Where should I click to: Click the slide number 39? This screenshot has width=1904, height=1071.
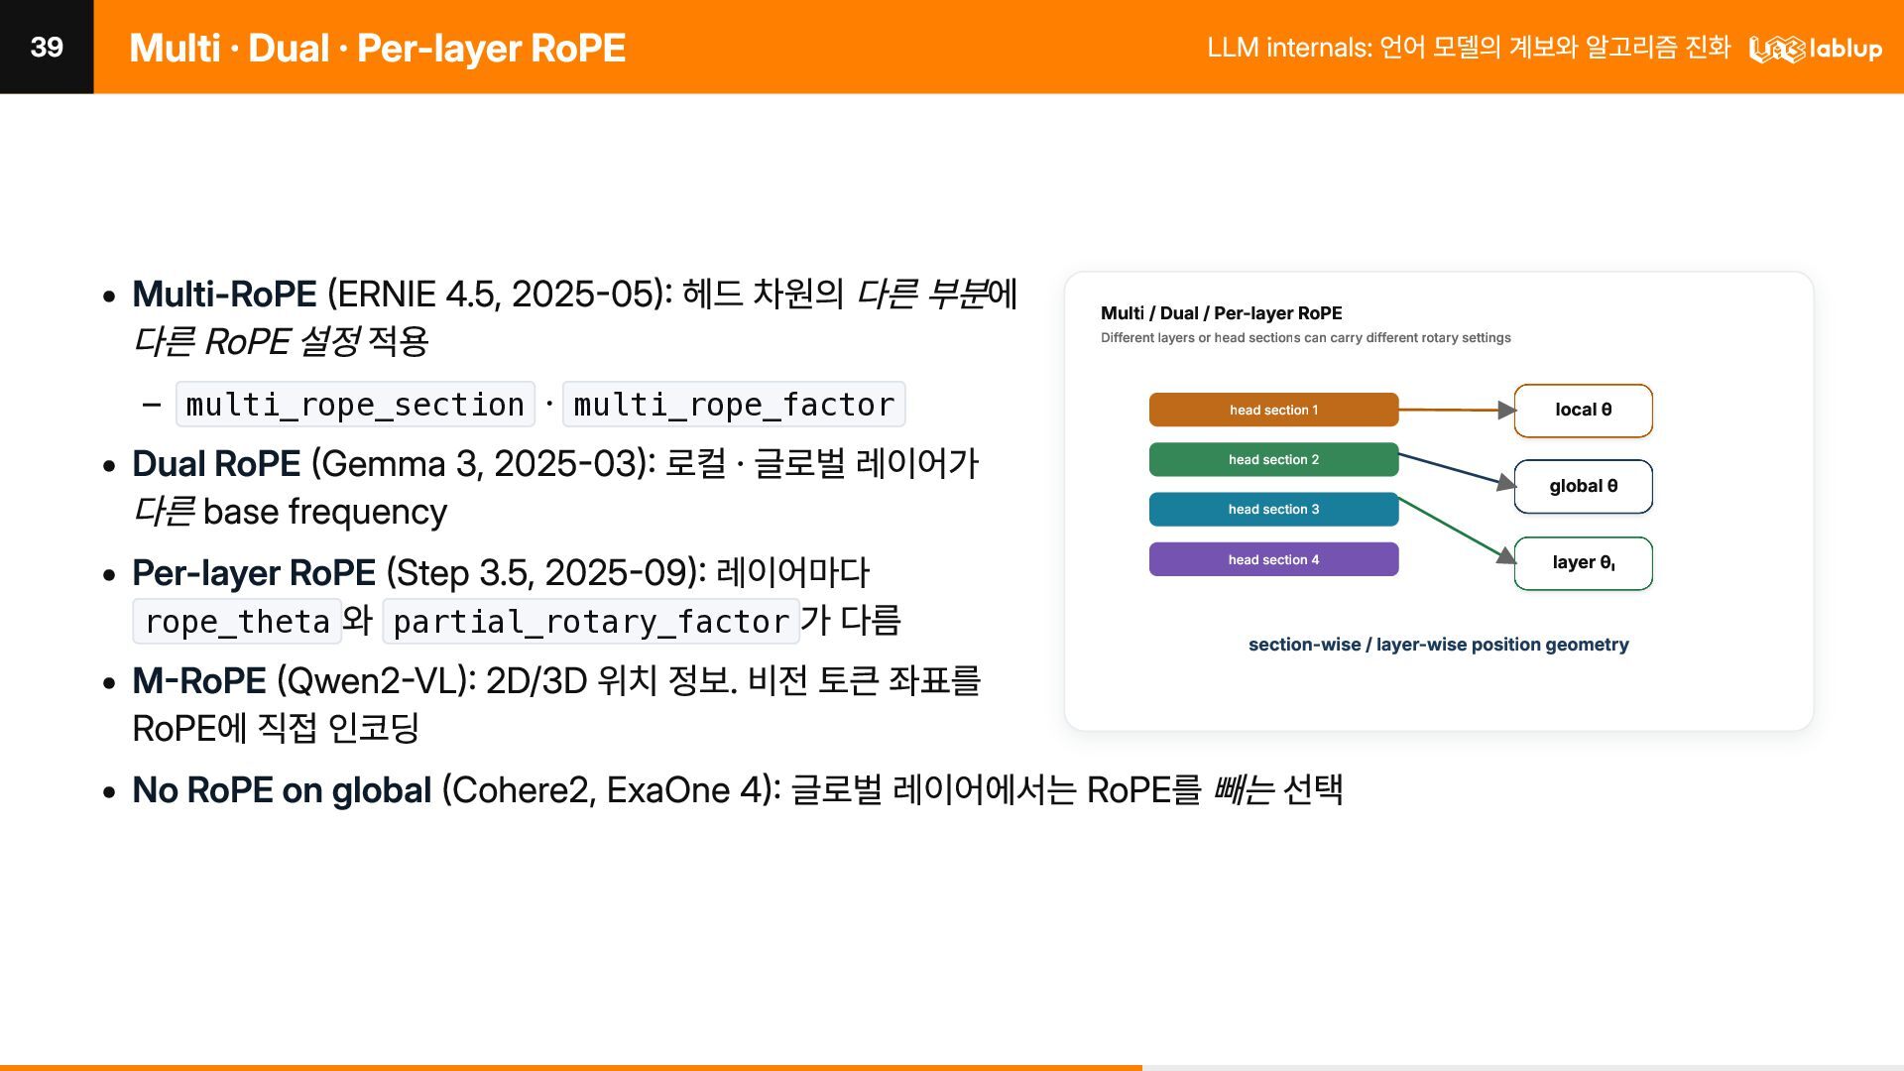(x=47, y=47)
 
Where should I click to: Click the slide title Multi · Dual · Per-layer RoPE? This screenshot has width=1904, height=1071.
(x=377, y=48)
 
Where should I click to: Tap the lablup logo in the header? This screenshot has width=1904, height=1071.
(x=1815, y=48)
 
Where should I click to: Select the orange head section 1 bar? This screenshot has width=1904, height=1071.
(x=1273, y=410)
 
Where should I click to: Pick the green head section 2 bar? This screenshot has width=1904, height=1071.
(x=1273, y=459)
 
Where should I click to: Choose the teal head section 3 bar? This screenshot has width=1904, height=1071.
(x=1273, y=509)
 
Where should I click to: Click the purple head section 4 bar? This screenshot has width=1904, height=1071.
(x=1273, y=559)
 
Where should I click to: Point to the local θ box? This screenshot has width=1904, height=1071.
(x=1583, y=411)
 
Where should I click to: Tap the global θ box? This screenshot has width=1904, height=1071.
(x=1583, y=486)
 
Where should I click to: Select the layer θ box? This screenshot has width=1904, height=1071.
(x=1583, y=563)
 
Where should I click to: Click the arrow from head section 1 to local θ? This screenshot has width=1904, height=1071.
(x=1457, y=410)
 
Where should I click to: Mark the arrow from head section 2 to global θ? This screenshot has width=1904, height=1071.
(x=1457, y=470)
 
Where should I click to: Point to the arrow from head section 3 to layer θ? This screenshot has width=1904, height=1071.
(x=1457, y=531)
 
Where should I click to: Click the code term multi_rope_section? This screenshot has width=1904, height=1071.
(x=355, y=405)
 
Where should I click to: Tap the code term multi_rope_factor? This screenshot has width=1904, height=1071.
(x=734, y=405)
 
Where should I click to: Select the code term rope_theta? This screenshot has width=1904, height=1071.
(x=237, y=622)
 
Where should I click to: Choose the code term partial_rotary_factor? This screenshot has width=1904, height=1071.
(x=591, y=622)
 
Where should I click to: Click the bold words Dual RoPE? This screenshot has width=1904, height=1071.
(x=216, y=463)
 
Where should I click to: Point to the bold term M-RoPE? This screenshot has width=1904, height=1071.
(x=199, y=681)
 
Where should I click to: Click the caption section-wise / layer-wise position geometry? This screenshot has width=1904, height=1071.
(x=1438, y=645)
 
